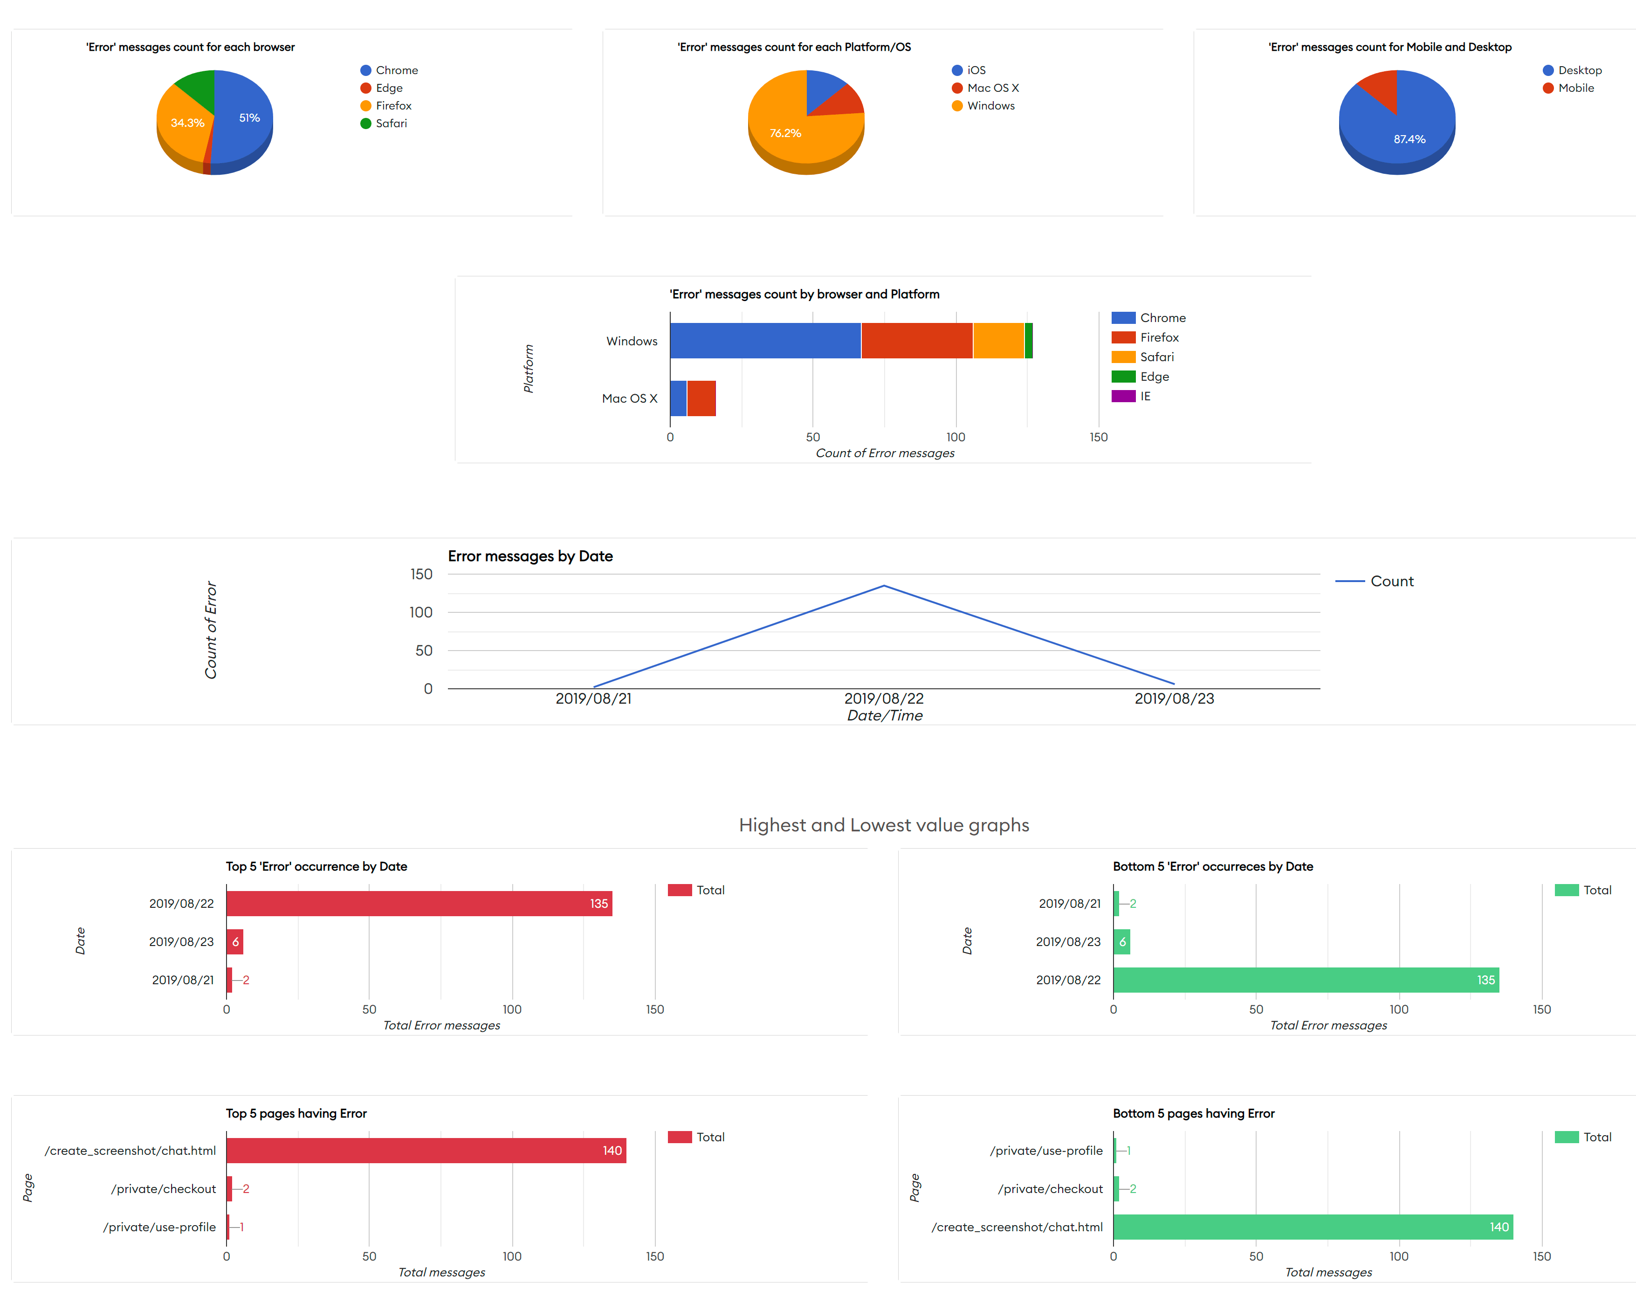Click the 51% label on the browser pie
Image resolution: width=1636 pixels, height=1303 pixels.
pos(249,117)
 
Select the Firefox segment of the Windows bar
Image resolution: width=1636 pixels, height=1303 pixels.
pos(917,341)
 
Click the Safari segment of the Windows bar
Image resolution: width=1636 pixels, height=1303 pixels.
pos(998,341)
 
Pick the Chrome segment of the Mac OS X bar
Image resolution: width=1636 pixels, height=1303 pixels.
pos(678,398)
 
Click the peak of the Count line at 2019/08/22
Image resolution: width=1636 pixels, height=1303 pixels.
pos(884,586)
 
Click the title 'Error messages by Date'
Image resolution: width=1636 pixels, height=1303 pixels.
pos(529,556)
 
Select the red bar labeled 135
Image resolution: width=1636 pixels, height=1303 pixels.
pos(419,904)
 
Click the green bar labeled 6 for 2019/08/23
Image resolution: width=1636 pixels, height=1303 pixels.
pos(1121,942)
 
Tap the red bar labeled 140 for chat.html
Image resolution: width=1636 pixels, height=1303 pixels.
pos(426,1151)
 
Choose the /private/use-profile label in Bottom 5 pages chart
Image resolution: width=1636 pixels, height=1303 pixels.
pos(1045,1151)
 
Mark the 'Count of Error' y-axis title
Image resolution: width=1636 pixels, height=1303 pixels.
pos(211,630)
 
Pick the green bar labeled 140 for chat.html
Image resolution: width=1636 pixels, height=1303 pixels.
pos(1313,1227)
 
